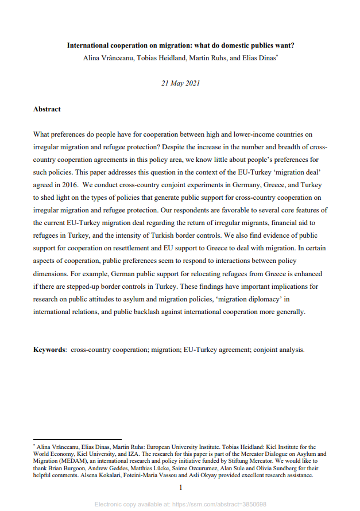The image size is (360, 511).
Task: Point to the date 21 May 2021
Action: tap(181, 83)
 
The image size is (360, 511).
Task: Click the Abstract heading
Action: tap(47, 109)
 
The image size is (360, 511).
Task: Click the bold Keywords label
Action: tap(49, 349)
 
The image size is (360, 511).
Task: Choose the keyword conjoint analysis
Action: tap(279, 349)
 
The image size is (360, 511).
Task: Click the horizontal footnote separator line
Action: tap(77, 439)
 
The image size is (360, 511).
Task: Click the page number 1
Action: tap(180, 487)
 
